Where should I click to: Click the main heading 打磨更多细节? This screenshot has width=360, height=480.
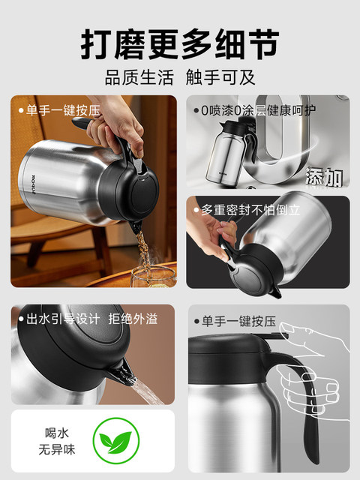coord(180,44)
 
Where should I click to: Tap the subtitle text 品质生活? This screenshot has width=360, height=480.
coord(139,77)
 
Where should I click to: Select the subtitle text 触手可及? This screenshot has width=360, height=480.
coord(220,77)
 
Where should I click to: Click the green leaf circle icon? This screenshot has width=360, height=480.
coord(116,441)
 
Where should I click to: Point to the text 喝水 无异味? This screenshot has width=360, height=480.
coord(57,442)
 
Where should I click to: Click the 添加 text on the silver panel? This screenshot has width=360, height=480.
coord(324,177)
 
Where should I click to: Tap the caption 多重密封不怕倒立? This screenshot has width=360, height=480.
coord(250,210)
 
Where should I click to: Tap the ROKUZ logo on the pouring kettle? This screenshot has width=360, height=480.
coord(34,184)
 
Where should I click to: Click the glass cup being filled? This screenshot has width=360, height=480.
coord(154,277)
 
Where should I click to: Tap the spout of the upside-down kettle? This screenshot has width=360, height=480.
coord(276,292)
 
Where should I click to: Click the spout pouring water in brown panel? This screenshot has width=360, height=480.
coord(124,373)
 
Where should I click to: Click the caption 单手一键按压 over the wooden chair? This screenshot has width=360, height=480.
coord(63,110)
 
